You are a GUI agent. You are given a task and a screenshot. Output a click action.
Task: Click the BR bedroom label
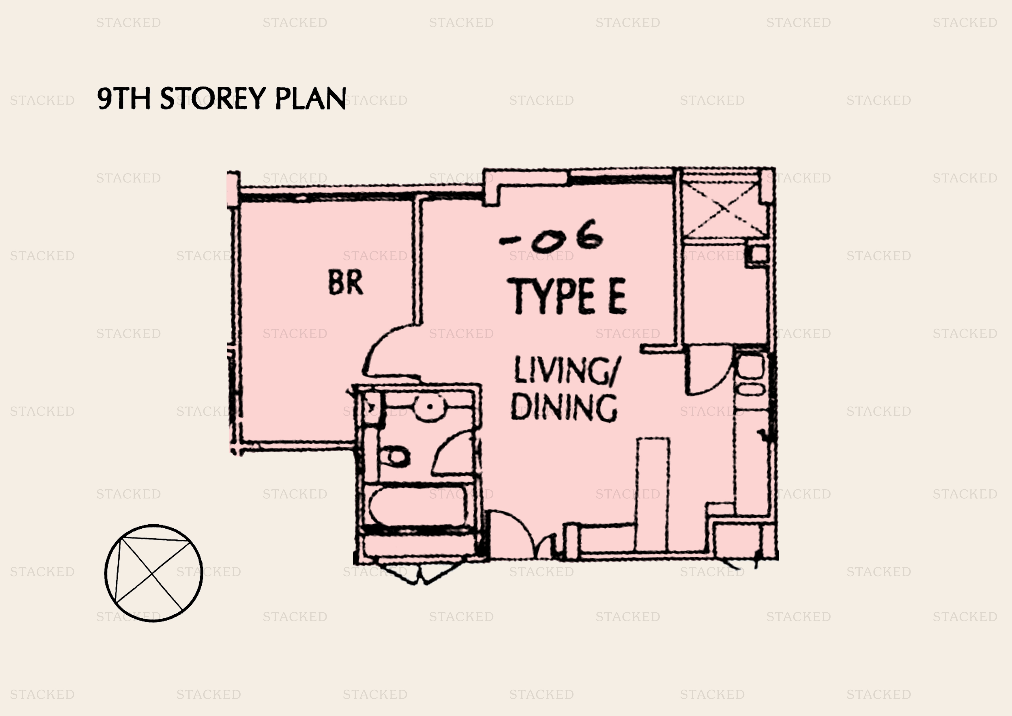[x=346, y=282]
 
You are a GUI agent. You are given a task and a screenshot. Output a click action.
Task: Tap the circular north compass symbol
[x=153, y=573]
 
